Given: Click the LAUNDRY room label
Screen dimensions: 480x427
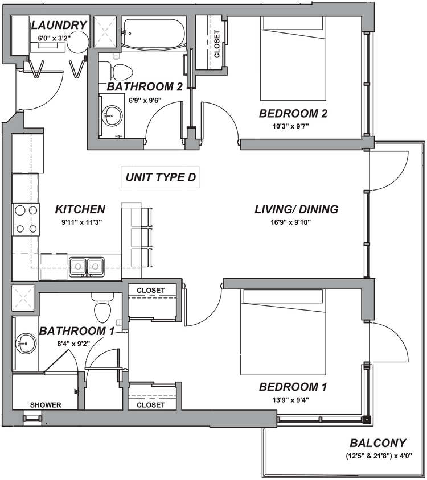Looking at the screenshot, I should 59,25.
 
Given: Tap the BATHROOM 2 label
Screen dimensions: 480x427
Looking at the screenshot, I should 144,87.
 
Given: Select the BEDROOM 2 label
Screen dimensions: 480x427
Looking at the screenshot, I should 294,114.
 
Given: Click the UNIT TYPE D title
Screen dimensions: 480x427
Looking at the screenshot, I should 161,177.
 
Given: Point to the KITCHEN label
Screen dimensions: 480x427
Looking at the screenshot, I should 81,209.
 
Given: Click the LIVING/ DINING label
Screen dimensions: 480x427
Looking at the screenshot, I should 296,209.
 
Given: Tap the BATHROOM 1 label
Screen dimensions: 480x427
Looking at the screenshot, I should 77,332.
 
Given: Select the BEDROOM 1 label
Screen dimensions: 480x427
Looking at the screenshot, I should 293,387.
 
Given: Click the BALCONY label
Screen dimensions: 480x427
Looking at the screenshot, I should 378,443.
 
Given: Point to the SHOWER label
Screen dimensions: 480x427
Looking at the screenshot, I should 46,405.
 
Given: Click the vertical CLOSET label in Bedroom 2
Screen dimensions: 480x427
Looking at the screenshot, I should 217,43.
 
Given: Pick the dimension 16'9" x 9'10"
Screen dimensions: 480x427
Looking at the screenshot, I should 291,222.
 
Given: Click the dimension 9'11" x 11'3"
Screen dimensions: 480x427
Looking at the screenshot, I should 80,222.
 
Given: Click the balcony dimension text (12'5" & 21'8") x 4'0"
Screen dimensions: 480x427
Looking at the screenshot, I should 379,456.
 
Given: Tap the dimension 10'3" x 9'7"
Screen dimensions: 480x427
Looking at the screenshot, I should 291,126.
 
